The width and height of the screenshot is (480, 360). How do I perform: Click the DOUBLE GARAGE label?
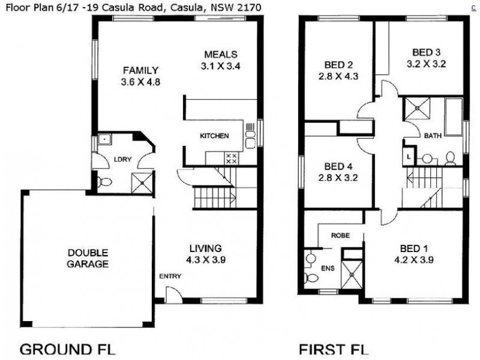(88, 258)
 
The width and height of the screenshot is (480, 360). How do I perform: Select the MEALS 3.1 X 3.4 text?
(220, 60)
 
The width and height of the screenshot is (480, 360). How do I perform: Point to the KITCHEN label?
(214, 136)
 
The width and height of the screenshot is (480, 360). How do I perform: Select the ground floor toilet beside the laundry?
(104, 181)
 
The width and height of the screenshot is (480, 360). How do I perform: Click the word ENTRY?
(170, 277)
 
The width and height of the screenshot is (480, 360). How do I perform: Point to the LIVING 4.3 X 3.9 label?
(205, 254)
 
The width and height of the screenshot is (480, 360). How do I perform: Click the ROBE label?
(340, 236)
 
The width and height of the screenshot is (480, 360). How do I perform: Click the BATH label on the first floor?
(433, 136)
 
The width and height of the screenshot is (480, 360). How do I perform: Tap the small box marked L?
(409, 156)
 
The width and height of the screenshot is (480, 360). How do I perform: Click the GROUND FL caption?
(68, 349)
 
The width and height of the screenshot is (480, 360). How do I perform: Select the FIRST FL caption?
(334, 349)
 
